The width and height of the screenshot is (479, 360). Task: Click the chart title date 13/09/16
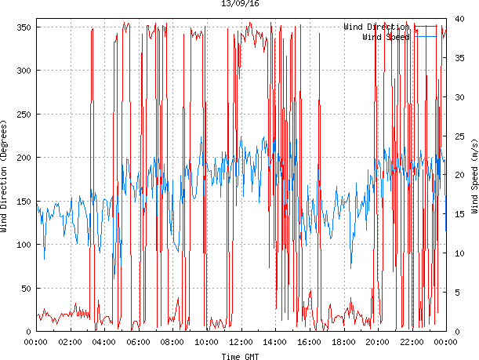pyautogui.click(x=241, y=4)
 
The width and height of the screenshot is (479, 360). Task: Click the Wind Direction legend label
pyautogui.click(x=376, y=27)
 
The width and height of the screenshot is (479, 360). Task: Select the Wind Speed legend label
pyautogui.click(x=386, y=37)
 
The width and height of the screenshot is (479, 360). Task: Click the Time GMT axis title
pyautogui.click(x=240, y=355)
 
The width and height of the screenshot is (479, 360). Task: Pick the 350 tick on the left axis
pyautogui.click(x=23, y=27)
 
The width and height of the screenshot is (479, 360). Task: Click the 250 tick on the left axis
pyautogui.click(x=23, y=115)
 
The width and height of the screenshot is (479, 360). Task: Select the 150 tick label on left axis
pyautogui.click(x=23, y=202)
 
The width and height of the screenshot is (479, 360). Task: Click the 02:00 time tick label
pyautogui.click(x=71, y=342)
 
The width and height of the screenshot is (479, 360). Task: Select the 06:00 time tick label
pyautogui.click(x=139, y=342)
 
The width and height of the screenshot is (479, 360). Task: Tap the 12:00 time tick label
pyautogui.click(x=241, y=342)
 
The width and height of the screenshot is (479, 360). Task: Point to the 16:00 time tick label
pyautogui.click(x=309, y=342)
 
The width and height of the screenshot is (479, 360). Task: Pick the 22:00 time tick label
pyautogui.click(x=412, y=342)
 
